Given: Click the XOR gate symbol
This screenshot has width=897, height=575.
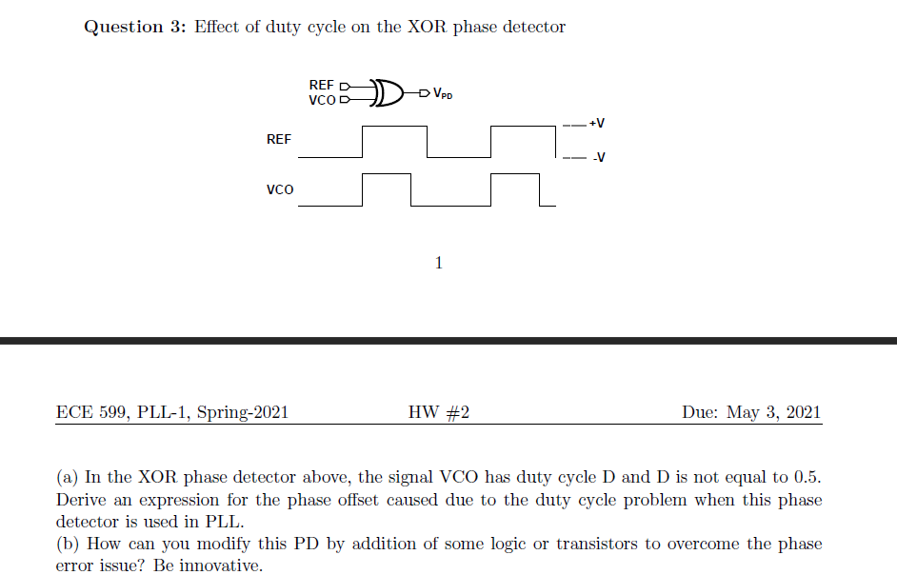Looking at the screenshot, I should [x=386, y=91].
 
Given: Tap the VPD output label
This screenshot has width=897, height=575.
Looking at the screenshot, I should [x=442, y=93].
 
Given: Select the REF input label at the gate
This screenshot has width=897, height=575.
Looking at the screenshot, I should [x=321, y=85].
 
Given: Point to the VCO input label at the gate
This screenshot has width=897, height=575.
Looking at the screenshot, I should [x=321, y=99].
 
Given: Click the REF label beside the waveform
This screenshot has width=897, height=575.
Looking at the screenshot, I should [x=279, y=139].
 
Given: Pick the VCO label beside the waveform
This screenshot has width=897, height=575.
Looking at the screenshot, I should [x=280, y=189].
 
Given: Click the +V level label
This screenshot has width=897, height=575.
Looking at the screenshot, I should [x=597, y=124].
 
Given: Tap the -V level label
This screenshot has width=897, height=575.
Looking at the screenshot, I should [x=597, y=158].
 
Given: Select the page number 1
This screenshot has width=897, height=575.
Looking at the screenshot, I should [x=438, y=263].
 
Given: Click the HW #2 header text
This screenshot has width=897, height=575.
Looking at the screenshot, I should [x=439, y=412].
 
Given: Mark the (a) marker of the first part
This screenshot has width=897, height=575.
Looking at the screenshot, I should [x=68, y=477].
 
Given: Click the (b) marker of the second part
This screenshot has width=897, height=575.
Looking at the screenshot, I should [x=68, y=545].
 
